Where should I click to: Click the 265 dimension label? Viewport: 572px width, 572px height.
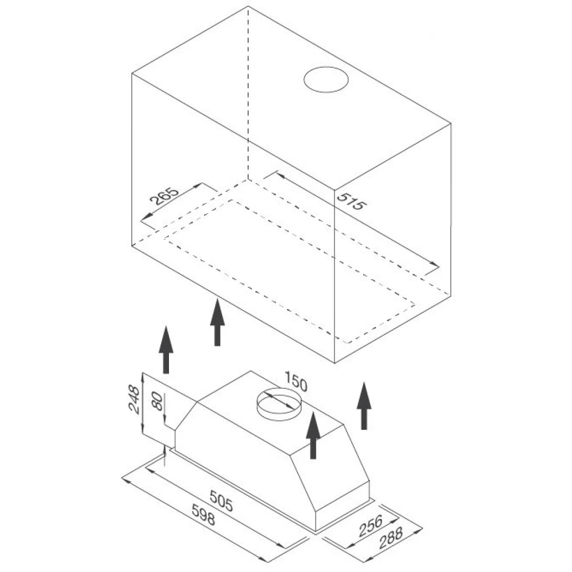coord(165,197)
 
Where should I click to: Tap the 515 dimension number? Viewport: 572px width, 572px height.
coord(350,201)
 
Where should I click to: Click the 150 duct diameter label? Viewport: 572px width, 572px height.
coord(296,381)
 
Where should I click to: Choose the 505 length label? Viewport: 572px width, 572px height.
coord(221,501)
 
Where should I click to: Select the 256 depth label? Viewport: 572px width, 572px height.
coord(370,526)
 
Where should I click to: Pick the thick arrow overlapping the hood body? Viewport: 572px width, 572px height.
coord(313,435)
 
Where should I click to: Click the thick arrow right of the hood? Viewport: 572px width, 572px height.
coord(364,406)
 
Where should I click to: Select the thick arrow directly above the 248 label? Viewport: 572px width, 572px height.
coord(166,350)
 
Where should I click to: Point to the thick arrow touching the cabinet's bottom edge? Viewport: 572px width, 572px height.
coord(217,322)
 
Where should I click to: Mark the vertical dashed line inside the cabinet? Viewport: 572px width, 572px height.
coord(248,93)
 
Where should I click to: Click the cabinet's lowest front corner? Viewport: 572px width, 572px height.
coord(335,363)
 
